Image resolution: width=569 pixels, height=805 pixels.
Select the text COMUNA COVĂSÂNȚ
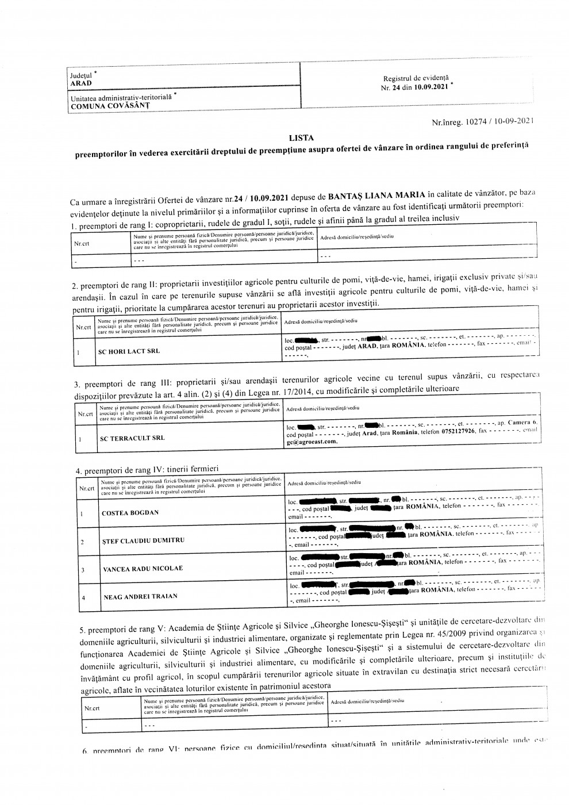tap(109, 106)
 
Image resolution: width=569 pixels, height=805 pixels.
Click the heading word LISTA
tap(301, 138)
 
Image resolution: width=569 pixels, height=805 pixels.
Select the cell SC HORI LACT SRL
tap(129, 351)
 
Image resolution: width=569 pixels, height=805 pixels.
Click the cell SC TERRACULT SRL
tap(132, 438)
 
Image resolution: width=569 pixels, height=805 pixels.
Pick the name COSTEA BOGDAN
tap(130, 512)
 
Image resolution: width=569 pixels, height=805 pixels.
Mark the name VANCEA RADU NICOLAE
tap(143, 569)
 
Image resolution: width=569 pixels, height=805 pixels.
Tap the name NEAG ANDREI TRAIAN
tap(140, 597)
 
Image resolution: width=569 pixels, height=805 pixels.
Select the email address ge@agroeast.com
tap(312, 443)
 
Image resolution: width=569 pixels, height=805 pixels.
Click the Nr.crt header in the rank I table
tap(82, 243)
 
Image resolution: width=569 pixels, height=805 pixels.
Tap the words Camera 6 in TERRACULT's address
tap(522, 423)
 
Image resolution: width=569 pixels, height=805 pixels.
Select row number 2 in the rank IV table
tap(83, 542)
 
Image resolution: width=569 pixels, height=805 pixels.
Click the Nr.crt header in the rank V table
tap(92, 708)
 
